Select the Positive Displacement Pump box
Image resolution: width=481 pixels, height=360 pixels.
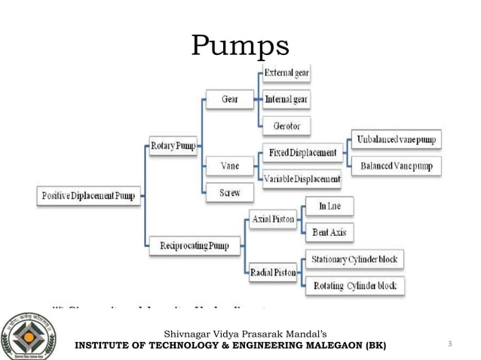(x=87, y=197)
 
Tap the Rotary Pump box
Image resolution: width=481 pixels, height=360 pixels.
(x=173, y=145)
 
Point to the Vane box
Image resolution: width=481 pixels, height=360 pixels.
(x=230, y=165)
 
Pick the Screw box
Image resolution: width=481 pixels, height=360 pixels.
(x=230, y=192)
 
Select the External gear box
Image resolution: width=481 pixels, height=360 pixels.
(x=286, y=72)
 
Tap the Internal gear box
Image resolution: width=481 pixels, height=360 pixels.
(x=286, y=99)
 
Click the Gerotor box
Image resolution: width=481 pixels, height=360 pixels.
(x=286, y=125)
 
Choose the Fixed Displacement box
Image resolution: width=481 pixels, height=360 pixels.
(x=302, y=153)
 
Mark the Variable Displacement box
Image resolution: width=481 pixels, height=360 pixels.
(x=302, y=179)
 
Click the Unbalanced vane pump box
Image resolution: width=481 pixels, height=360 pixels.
(x=395, y=139)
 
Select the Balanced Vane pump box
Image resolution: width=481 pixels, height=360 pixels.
(x=395, y=166)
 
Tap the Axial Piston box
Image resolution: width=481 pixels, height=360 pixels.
(x=273, y=218)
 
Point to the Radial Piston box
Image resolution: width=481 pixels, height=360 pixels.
(x=273, y=272)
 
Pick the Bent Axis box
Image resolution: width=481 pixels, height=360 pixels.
(x=329, y=232)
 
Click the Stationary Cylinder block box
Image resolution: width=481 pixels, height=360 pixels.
(x=354, y=260)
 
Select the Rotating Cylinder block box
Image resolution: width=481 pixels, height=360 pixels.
(x=354, y=286)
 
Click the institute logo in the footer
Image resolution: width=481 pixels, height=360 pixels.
(x=29, y=336)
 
